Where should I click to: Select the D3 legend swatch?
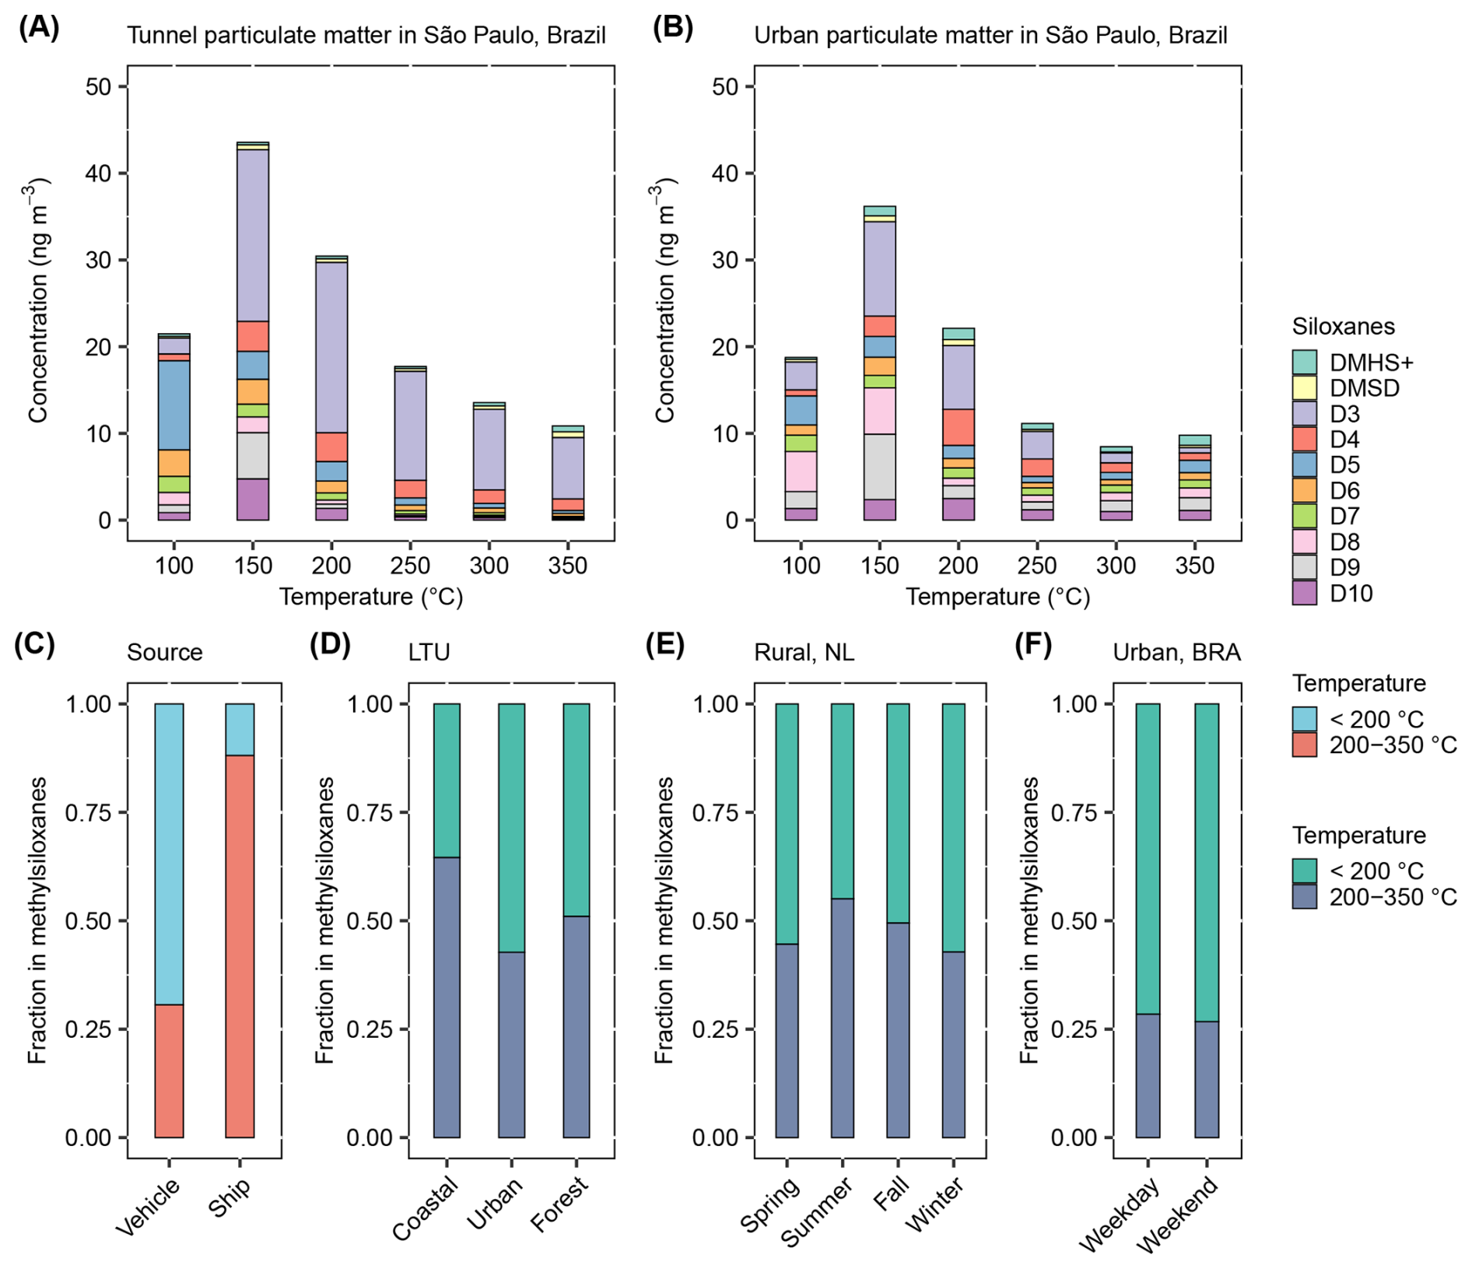point(1304,413)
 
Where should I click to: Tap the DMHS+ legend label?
point(1371,363)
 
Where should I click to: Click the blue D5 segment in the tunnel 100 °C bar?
point(174,405)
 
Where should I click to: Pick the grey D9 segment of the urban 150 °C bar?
point(880,466)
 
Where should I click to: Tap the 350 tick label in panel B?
point(1194,566)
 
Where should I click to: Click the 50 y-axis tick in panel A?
point(98,86)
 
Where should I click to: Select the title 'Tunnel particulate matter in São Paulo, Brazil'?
point(366,36)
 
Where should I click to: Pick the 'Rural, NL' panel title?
point(804,652)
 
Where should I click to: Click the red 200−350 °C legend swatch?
point(1304,745)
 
